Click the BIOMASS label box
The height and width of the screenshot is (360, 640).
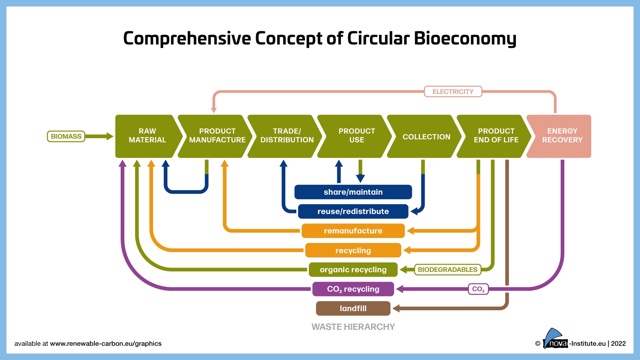click(66, 136)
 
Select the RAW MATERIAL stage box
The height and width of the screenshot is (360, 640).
click(147, 136)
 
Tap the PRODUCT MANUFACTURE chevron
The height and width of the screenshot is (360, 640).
click(217, 136)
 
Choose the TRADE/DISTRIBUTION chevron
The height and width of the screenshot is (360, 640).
click(287, 136)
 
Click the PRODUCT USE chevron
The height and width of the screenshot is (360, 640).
click(356, 136)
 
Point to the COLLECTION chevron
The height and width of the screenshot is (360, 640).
click(426, 137)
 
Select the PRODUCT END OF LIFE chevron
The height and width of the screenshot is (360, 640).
click(496, 136)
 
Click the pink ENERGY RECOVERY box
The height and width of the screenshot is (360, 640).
click(562, 136)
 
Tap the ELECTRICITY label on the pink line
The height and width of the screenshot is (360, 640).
click(453, 92)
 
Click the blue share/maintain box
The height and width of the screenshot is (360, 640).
click(353, 192)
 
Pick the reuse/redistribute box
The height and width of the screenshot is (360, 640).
click(353, 211)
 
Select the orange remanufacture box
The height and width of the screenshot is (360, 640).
click(353, 231)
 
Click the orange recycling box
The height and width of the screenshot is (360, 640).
click(353, 250)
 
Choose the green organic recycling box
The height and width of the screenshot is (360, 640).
click(353, 270)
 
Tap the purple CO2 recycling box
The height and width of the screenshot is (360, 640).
click(353, 289)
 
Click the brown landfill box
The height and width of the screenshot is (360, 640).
click(353, 308)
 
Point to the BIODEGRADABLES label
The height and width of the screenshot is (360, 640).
click(447, 270)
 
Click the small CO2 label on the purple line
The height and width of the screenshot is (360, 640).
click(478, 289)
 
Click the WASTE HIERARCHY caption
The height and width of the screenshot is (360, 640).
click(353, 327)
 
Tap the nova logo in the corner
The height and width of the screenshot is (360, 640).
click(555, 340)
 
